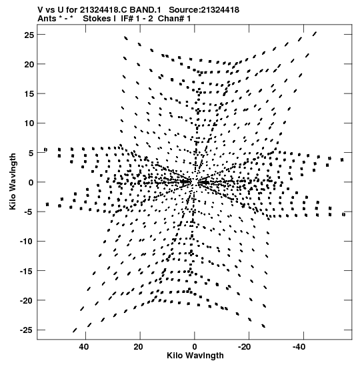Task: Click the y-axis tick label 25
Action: click(x=29, y=35)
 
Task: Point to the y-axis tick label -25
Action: click(x=27, y=330)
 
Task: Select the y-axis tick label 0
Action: click(x=31, y=183)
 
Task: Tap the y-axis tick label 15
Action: click(x=29, y=94)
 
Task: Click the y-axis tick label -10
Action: click(x=27, y=242)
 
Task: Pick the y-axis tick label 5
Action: click(x=31, y=153)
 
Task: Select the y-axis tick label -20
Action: click(x=27, y=300)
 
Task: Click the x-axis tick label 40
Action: click(x=84, y=347)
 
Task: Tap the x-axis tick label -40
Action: click(x=299, y=347)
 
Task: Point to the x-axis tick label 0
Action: click(x=195, y=347)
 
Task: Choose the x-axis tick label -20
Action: click(x=245, y=347)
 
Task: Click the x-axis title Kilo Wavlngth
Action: click(x=195, y=356)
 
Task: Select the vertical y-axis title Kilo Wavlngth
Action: click(x=13, y=181)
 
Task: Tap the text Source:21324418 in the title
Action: click(x=204, y=10)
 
